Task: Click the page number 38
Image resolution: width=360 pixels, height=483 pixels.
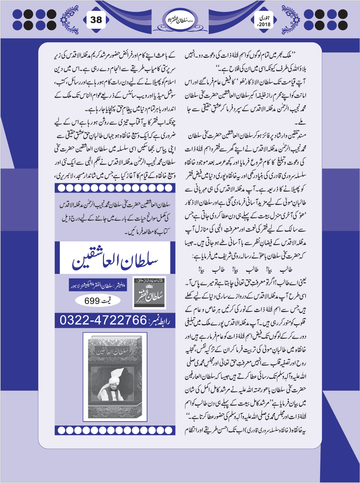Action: pos(96,20)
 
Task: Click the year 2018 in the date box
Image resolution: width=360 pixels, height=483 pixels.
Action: pos(264,25)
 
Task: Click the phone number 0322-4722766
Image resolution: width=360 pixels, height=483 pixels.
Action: pos(103,320)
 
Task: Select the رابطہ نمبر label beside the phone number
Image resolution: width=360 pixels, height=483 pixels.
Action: pos(160,321)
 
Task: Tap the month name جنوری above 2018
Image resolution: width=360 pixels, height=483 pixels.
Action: pos(264,17)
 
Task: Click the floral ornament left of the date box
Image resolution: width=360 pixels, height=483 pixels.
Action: pos(290,19)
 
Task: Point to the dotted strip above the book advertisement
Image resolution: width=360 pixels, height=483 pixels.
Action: pos(115,188)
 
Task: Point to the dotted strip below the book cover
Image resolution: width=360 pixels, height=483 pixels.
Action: pos(115,430)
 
